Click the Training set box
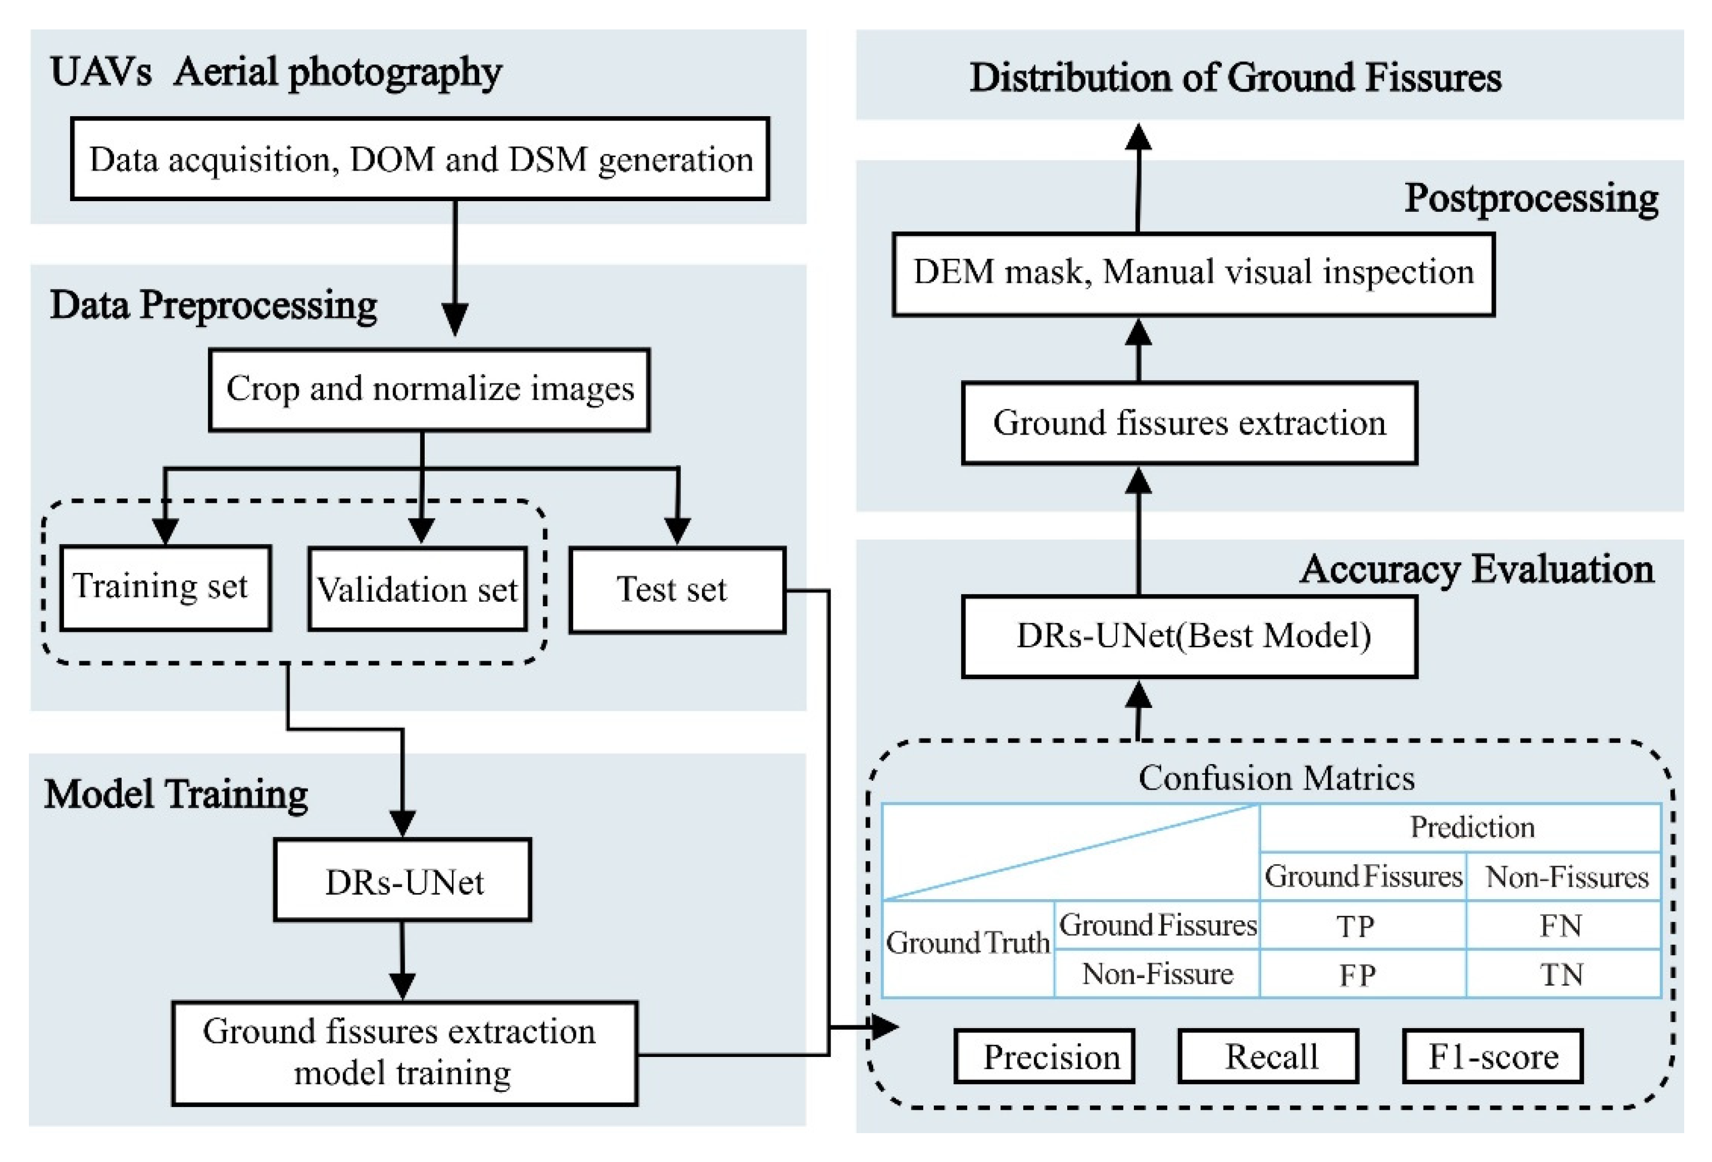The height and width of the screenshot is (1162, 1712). click(165, 587)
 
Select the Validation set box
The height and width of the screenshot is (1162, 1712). click(417, 589)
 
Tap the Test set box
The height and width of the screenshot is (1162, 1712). click(676, 590)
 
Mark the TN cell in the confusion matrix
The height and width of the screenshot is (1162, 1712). click(1562, 974)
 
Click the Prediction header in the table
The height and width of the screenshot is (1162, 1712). click(1472, 827)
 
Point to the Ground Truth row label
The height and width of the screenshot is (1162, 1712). click(967, 942)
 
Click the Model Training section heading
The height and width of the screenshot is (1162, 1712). click(175, 794)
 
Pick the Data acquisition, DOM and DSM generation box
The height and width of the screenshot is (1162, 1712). click(420, 159)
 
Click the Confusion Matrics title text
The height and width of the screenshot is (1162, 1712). click(1276, 777)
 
